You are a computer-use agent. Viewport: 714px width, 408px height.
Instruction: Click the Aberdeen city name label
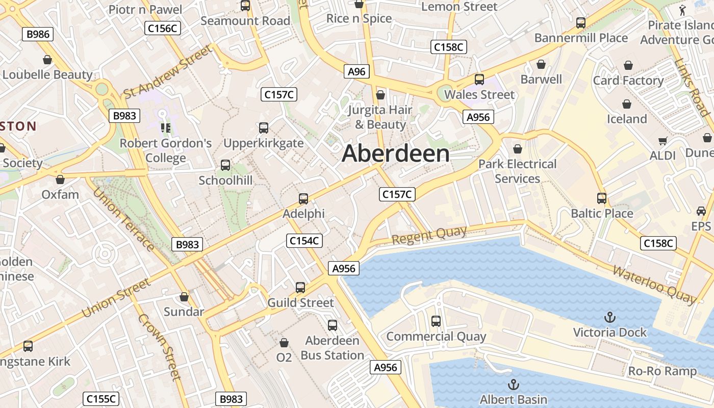pos(396,154)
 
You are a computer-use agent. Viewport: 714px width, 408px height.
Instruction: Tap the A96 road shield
pos(356,72)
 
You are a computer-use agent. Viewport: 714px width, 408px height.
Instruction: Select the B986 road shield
pos(38,34)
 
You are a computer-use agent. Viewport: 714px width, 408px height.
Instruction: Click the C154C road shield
pos(304,241)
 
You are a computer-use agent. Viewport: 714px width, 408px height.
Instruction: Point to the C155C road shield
pos(101,399)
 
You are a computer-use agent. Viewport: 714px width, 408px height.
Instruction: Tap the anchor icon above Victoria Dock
pos(609,318)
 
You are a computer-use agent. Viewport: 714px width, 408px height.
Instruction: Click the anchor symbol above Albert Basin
pos(514,385)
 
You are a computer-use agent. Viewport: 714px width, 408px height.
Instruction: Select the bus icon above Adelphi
pos(303,198)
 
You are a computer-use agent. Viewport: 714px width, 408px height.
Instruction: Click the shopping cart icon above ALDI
pos(662,141)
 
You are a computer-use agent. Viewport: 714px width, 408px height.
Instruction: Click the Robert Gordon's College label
pos(166,150)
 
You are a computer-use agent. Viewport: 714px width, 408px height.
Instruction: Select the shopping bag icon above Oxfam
pos(60,180)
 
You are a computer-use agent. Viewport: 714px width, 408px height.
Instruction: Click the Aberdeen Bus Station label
pos(333,348)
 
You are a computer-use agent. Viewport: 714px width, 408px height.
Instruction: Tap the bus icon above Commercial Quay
pos(436,321)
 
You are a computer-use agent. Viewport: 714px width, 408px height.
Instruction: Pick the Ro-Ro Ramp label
pos(662,371)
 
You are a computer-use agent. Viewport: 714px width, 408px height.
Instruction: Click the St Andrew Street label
pos(167,72)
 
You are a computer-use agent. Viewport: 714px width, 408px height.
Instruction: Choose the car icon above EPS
pos(701,211)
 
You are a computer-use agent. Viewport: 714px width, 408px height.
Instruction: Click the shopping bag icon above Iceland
pos(627,104)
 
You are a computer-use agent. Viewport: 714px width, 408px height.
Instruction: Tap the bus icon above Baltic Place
pos(602,198)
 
